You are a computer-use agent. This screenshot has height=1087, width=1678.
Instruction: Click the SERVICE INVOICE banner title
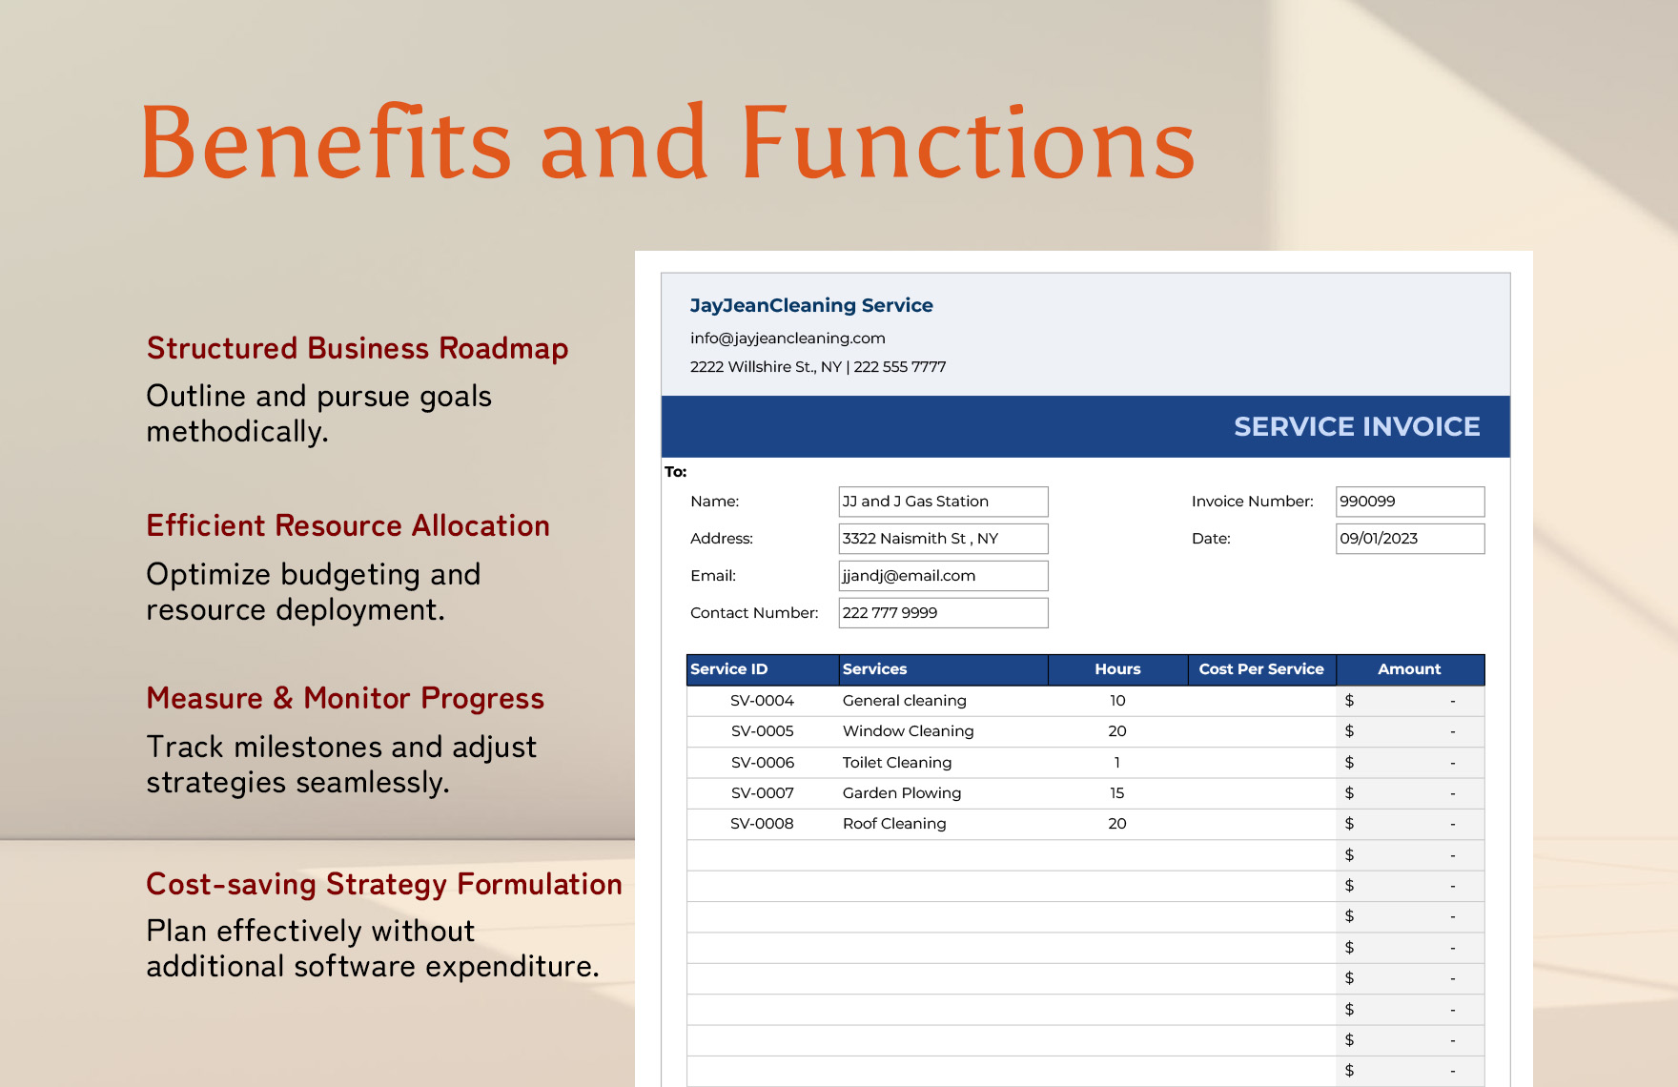1357,426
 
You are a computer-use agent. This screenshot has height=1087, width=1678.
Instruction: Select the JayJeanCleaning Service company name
811,305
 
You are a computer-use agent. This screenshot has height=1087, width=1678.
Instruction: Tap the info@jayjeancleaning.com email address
788,338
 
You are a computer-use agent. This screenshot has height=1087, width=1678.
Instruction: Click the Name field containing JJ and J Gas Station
943,502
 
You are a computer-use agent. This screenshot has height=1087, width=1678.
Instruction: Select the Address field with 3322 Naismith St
943,539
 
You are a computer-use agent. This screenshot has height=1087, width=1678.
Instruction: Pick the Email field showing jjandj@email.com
943,576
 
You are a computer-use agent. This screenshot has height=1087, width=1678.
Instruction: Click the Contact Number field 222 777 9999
943,613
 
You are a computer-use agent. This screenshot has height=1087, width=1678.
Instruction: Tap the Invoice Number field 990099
1409,502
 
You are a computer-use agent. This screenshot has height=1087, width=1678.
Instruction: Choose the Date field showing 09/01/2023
1409,539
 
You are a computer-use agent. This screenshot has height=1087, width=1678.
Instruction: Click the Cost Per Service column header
1261,669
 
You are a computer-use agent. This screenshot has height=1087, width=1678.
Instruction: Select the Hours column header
1117,669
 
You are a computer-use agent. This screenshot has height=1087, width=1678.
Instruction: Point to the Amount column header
1409,669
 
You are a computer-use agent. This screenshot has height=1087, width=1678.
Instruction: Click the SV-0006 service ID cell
762,763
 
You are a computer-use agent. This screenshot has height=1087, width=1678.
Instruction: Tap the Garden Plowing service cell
902,793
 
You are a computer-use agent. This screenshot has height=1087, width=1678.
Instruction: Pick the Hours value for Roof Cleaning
1117,824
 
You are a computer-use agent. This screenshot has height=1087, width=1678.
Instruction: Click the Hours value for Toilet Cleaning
1117,763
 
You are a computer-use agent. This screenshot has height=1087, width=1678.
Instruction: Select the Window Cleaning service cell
908,731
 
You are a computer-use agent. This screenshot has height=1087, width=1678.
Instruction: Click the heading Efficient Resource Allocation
348,525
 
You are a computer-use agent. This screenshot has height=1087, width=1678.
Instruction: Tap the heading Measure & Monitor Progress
345,698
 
